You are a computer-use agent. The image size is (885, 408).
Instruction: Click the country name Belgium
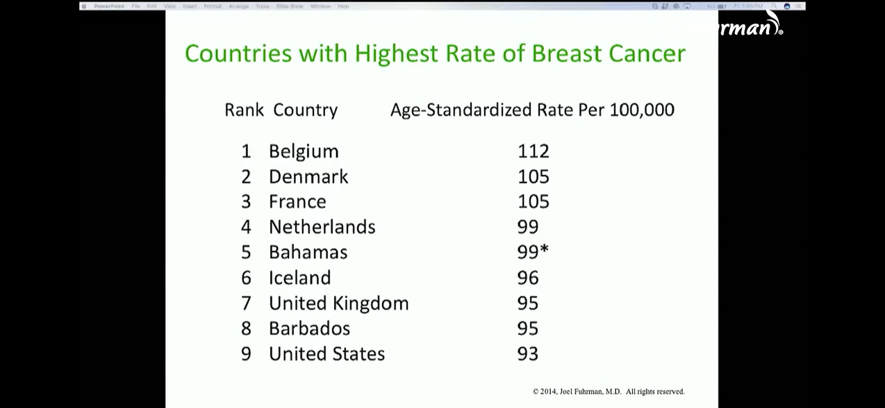pos(304,151)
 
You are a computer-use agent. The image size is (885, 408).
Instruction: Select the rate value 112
pos(533,151)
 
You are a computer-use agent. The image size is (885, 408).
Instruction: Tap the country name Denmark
pos(308,177)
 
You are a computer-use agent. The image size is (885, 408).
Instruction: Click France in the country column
pos(297,202)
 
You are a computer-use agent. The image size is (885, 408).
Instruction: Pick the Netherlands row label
pos(322,227)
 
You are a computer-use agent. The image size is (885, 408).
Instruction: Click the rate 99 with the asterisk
pos(532,252)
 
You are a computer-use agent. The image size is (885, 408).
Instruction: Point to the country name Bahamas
pos(308,252)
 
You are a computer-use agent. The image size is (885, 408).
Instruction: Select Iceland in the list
pos(299,278)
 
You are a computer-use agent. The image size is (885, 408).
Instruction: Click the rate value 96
pos(528,278)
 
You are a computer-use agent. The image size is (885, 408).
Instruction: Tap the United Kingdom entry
pos(338,303)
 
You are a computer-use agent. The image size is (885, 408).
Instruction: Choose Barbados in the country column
pos(309,328)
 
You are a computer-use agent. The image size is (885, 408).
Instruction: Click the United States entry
pos(326,354)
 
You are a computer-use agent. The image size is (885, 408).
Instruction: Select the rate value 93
pos(528,354)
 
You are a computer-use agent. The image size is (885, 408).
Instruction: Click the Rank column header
pos(244,110)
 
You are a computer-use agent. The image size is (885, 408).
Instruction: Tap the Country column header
pos(305,110)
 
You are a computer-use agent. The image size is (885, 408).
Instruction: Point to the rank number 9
pos(246,354)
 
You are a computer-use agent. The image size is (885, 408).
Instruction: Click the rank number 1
pos(246,151)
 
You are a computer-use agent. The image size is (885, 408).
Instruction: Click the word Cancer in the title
pos(647,53)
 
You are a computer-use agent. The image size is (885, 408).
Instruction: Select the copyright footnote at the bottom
pos(609,391)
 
